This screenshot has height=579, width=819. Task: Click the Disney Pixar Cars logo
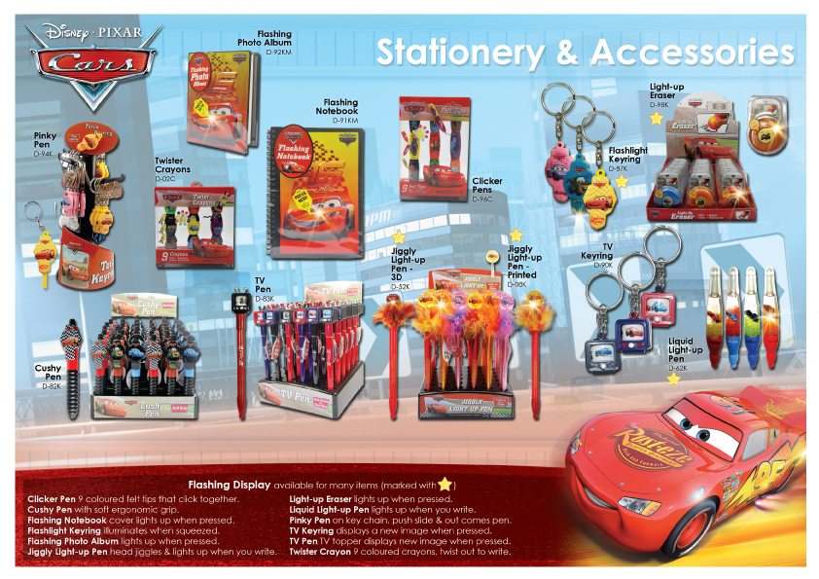point(91,57)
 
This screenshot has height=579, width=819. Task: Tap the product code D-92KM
point(278,51)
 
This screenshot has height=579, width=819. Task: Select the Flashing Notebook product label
point(340,107)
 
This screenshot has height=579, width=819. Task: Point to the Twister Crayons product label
point(172,164)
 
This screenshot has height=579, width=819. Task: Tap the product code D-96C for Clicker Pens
point(482,199)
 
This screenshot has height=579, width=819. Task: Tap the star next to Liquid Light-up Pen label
point(673,379)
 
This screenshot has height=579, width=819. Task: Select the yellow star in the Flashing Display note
point(445,484)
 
